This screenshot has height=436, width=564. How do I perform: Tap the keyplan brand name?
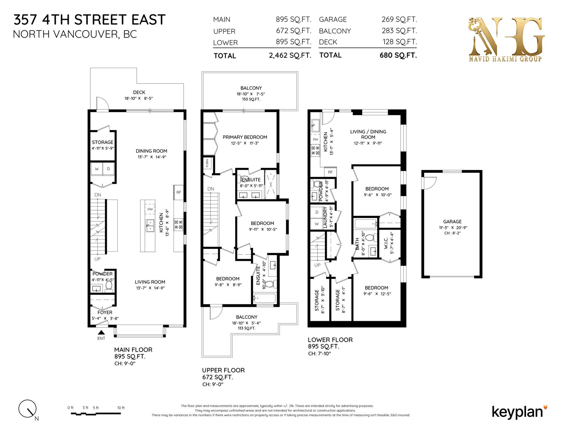pyautogui.click(x=517, y=412)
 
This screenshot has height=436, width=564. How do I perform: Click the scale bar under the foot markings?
pyautogui.click(x=96, y=414)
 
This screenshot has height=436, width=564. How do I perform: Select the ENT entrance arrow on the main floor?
pyautogui.click(x=101, y=332)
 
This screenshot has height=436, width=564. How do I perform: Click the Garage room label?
pyautogui.click(x=452, y=222)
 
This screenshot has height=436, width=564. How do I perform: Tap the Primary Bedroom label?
pyautogui.click(x=245, y=137)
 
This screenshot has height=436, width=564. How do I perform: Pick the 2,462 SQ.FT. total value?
pyautogui.click(x=290, y=55)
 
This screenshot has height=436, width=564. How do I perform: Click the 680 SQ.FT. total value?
pyautogui.click(x=398, y=55)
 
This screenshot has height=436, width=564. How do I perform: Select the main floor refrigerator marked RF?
pyautogui.click(x=179, y=192)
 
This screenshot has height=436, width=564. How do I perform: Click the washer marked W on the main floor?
pyautogui.click(x=97, y=169)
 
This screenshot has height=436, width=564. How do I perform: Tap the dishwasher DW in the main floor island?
pyautogui.click(x=150, y=209)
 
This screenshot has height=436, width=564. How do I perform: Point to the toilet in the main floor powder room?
pyautogui.click(x=109, y=286)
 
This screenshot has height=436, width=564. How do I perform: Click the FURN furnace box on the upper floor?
pyautogui.click(x=207, y=163)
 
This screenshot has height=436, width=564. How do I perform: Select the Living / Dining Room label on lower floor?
pyautogui.click(x=368, y=134)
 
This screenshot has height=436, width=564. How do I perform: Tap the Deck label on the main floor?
pyautogui.click(x=139, y=92)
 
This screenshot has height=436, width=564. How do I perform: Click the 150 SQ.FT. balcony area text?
pyautogui.click(x=251, y=99)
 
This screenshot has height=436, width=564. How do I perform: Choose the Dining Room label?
pyautogui.click(x=151, y=151)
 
